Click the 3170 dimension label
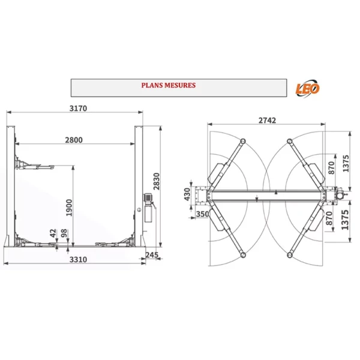(78, 108)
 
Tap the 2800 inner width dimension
(74, 140)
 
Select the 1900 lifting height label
(69, 208)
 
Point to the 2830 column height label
(157, 181)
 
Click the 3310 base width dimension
(78, 259)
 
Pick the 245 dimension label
(152, 254)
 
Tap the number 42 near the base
(53, 233)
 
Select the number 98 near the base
(64, 233)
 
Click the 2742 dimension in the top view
(267, 121)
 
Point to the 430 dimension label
(187, 194)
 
